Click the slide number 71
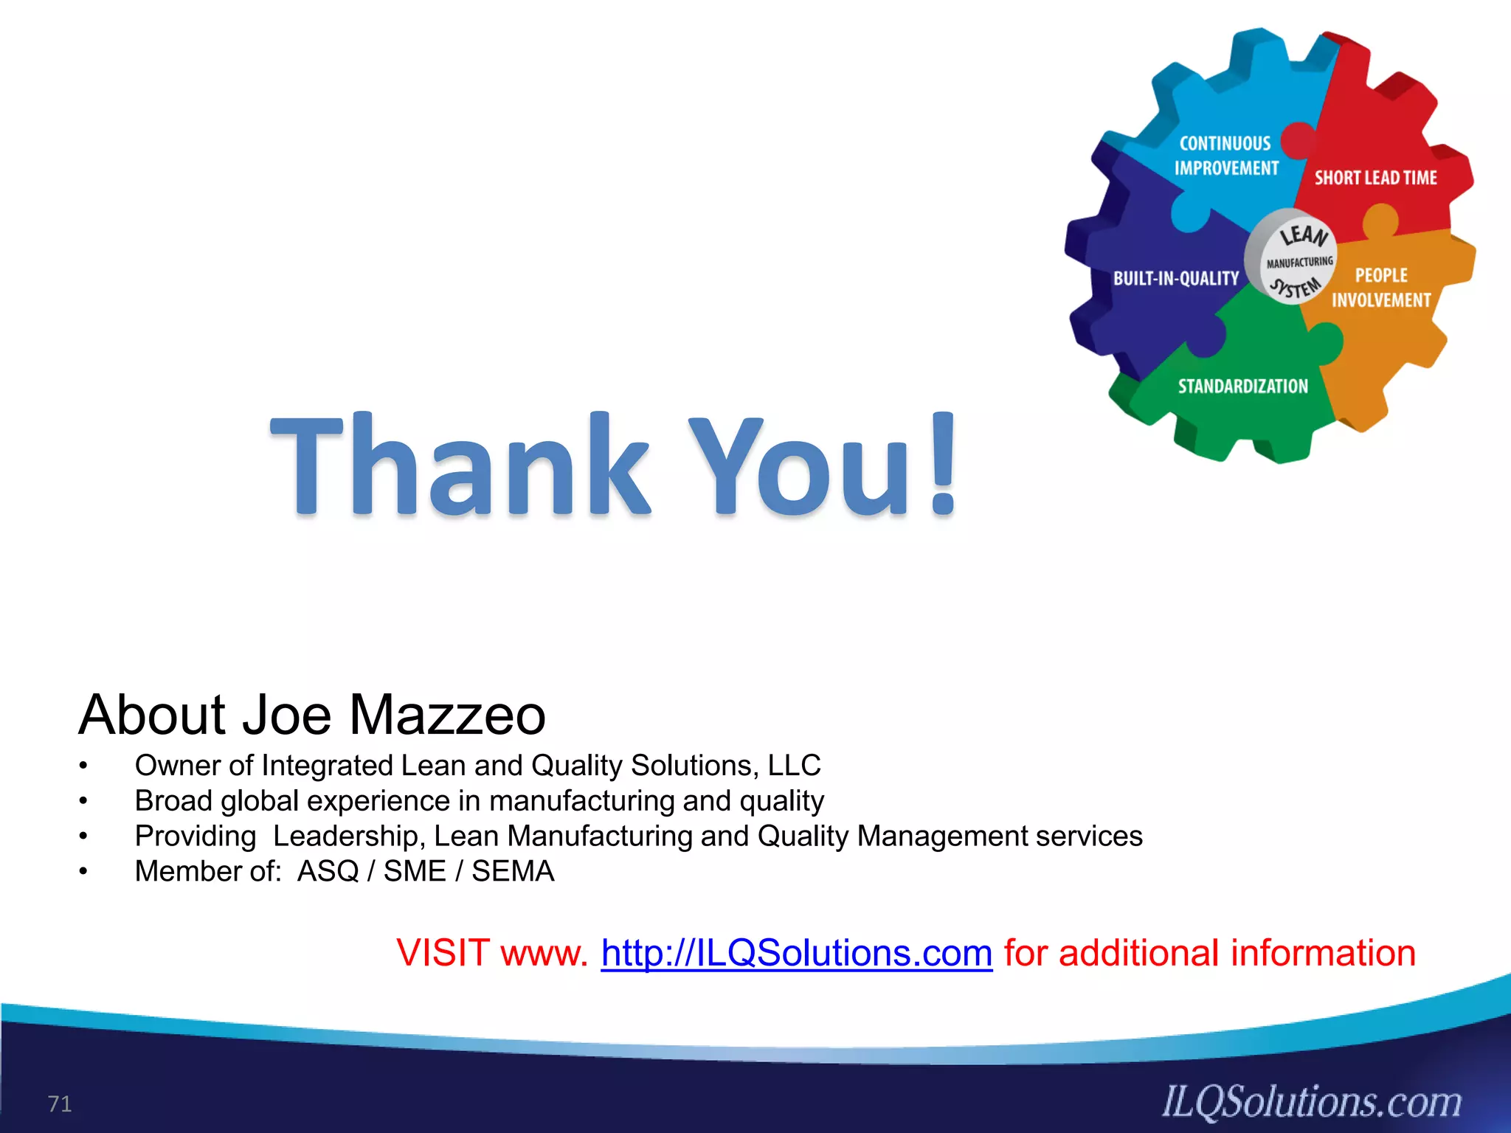click(60, 1103)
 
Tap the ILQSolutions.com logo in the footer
click(1312, 1102)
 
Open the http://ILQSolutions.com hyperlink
click(796, 953)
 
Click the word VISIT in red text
click(443, 953)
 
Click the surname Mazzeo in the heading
click(446, 715)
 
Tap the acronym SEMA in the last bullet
click(513, 871)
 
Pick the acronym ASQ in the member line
click(328, 871)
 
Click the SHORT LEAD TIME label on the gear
click(1375, 178)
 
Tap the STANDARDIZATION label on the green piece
click(1242, 387)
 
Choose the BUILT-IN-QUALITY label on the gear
click(1175, 279)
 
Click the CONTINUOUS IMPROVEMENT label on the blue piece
click(1226, 156)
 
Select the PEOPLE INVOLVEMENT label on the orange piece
click(1381, 288)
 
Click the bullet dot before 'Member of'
click(84, 872)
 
